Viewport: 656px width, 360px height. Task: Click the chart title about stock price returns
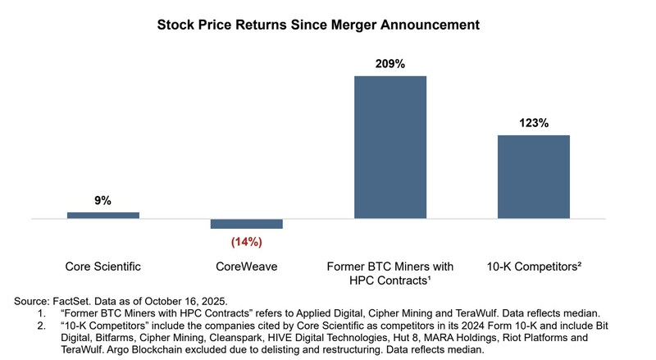click(318, 25)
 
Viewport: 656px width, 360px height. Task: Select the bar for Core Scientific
click(103, 215)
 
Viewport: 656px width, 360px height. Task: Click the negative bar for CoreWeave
click(246, 224)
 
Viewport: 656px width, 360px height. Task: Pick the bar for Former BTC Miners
click(390, 148)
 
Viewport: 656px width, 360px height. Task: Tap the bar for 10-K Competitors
click(533, 177)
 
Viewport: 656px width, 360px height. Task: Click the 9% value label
click(103, 200)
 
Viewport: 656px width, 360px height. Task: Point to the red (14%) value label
click(246, 242)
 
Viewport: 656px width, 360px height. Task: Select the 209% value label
click(390, 62)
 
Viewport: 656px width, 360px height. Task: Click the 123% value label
click(533, 122)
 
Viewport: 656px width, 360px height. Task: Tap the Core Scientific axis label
click(103, 267)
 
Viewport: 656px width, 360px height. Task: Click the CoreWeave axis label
click(246, 267)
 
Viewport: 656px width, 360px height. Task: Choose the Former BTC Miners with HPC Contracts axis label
click(390, 274)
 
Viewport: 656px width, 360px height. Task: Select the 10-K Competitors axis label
click(533, 267)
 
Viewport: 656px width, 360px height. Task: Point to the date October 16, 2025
click(185, 301)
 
